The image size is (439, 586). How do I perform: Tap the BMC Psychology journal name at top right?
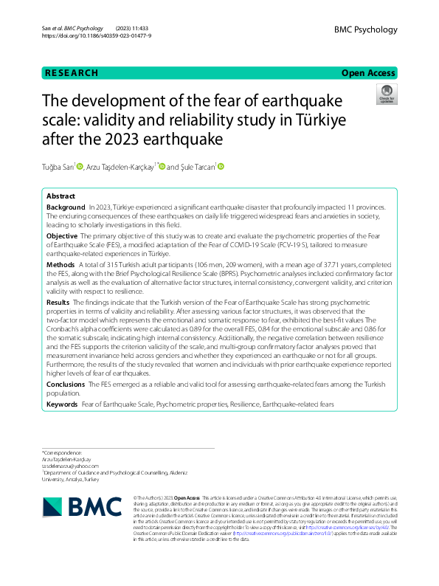365,30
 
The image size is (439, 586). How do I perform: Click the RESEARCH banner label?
72,73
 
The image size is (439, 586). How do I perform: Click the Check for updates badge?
386,94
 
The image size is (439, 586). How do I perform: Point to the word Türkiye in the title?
319,118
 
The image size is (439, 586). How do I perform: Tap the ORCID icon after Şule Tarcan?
220,167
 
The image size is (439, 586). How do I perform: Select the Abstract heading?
61,197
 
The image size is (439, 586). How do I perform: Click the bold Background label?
66,209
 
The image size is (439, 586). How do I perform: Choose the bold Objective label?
63,235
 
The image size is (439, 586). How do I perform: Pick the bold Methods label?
61,263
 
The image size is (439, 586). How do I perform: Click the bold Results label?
58,302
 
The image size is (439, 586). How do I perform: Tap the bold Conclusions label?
66,385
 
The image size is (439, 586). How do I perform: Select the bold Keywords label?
62,404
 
